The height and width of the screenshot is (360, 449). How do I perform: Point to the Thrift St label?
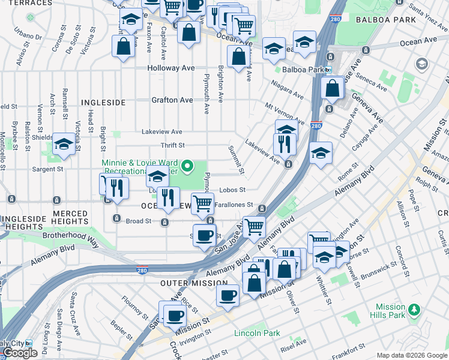click(x=172, y=145)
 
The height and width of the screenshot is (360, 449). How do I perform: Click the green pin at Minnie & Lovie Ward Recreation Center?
click(x=188, y=166)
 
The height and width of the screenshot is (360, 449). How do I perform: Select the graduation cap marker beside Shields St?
click(x=64, y=145)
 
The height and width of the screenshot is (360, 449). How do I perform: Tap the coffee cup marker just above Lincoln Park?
click(x=229, y=295)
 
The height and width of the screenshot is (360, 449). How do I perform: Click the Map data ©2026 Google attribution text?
click(x=411, y=355)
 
